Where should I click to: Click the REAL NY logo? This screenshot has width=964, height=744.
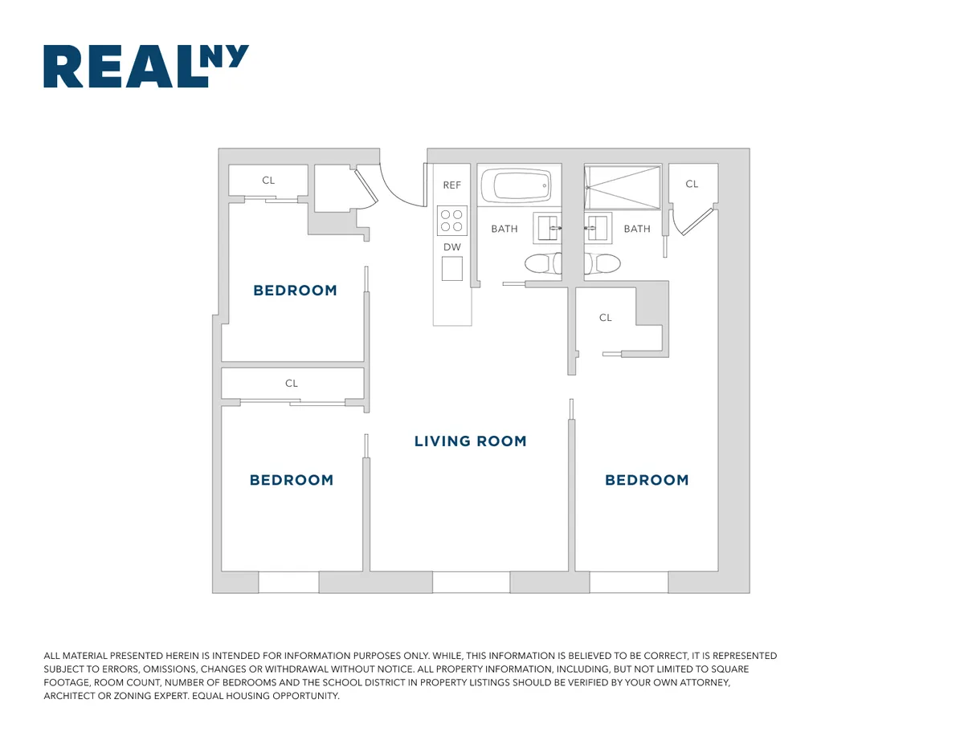pyautogui.click(x=145, y=66)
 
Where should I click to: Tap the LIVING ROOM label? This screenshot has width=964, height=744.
pyautogui.click(x=470, y=441)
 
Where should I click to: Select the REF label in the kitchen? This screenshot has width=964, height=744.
pyautogui.click(x=452, y=185)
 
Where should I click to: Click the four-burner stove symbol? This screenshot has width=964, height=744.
pyautogui.click(x=452, y=221)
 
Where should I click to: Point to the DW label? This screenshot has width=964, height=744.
pyautogui.click(x=452, y=247)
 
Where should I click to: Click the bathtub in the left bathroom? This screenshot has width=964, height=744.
pyautogui.click(x=516, y=185)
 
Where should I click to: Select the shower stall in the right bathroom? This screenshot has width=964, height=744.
pyautogui.click(x=623, y=186)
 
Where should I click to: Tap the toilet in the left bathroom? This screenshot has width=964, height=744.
pyautogui.click(x=541, y=263)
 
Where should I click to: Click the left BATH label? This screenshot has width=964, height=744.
pyautogui.click(x=504, y=229)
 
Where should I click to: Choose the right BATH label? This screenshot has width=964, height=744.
pyautogui.click(x=637, y=229)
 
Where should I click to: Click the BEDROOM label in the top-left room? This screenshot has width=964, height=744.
pyautogui.click(x=295, y=291)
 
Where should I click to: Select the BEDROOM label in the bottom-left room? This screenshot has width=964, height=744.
pyautogui.click(x=291, y=480)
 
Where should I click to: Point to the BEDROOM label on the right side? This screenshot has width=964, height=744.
pyautogui.click(x=647, y=480)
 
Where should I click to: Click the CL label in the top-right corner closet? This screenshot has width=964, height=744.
pyautogui.click(x=692, y=184)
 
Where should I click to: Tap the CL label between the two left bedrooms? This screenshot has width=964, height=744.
pyautogui.click(x=292, y=384)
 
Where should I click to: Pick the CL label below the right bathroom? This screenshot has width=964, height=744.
pyautogui.click(x=606, y=318)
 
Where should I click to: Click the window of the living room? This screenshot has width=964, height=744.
pyautogui.click(x=471, y=582)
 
